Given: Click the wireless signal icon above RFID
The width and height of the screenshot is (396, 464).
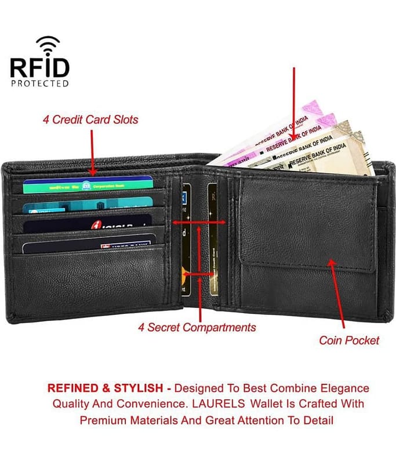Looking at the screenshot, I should (48, 45).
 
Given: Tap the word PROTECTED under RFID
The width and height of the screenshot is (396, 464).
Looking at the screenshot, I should (39, 83).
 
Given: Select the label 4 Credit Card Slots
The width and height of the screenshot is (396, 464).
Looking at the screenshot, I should (90, 119).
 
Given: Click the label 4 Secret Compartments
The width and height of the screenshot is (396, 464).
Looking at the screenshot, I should (197, 327).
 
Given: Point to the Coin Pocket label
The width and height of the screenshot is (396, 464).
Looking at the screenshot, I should (349, 340).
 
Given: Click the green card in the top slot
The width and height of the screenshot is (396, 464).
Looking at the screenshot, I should (87, 185).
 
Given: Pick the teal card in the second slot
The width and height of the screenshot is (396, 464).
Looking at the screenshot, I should (87, 204).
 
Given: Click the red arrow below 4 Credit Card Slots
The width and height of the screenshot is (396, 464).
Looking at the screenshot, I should (92, 152).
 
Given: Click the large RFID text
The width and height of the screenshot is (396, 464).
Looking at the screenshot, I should (39, 67).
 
